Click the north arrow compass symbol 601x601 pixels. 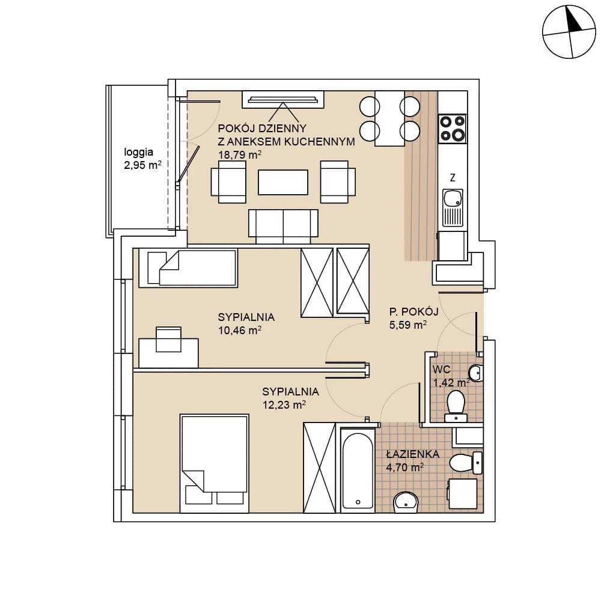tap(569, 32)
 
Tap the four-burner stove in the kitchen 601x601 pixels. tap(453, 129)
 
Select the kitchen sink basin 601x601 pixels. tap(453, 199)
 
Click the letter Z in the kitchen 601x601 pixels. tap(453, 177)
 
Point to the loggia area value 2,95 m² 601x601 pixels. tap(142, 165)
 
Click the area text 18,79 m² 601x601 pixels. tap(240, 155)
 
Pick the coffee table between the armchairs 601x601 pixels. tap(283, 183)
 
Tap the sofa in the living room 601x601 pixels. tap(283, 226)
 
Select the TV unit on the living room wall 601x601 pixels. tap(283, 100)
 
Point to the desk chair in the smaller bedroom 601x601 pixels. tap(168, 339)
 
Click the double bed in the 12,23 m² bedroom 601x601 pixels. tap(215, 463)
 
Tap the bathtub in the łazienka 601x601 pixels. tap(358, 471)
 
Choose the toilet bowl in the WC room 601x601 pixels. tap(456, 406)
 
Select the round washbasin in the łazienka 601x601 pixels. tap(406, 502)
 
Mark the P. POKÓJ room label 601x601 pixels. tap(414, 311)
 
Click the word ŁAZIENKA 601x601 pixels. tap(413, 454)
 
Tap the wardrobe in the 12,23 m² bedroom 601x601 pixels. tap(319, 468)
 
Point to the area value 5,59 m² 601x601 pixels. tap(408, 325)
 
